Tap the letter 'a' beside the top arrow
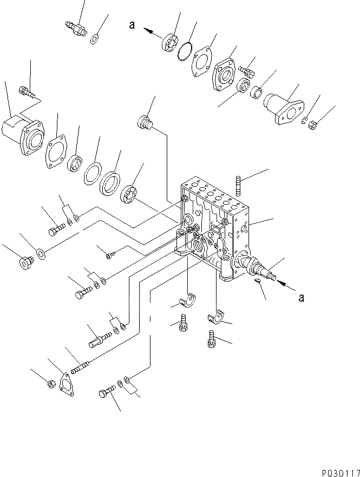[x=132, y=25]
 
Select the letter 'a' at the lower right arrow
[x=302, y=297]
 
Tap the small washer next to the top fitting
[x=94, y=38]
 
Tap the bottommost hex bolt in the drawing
[x=107, y=392]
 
